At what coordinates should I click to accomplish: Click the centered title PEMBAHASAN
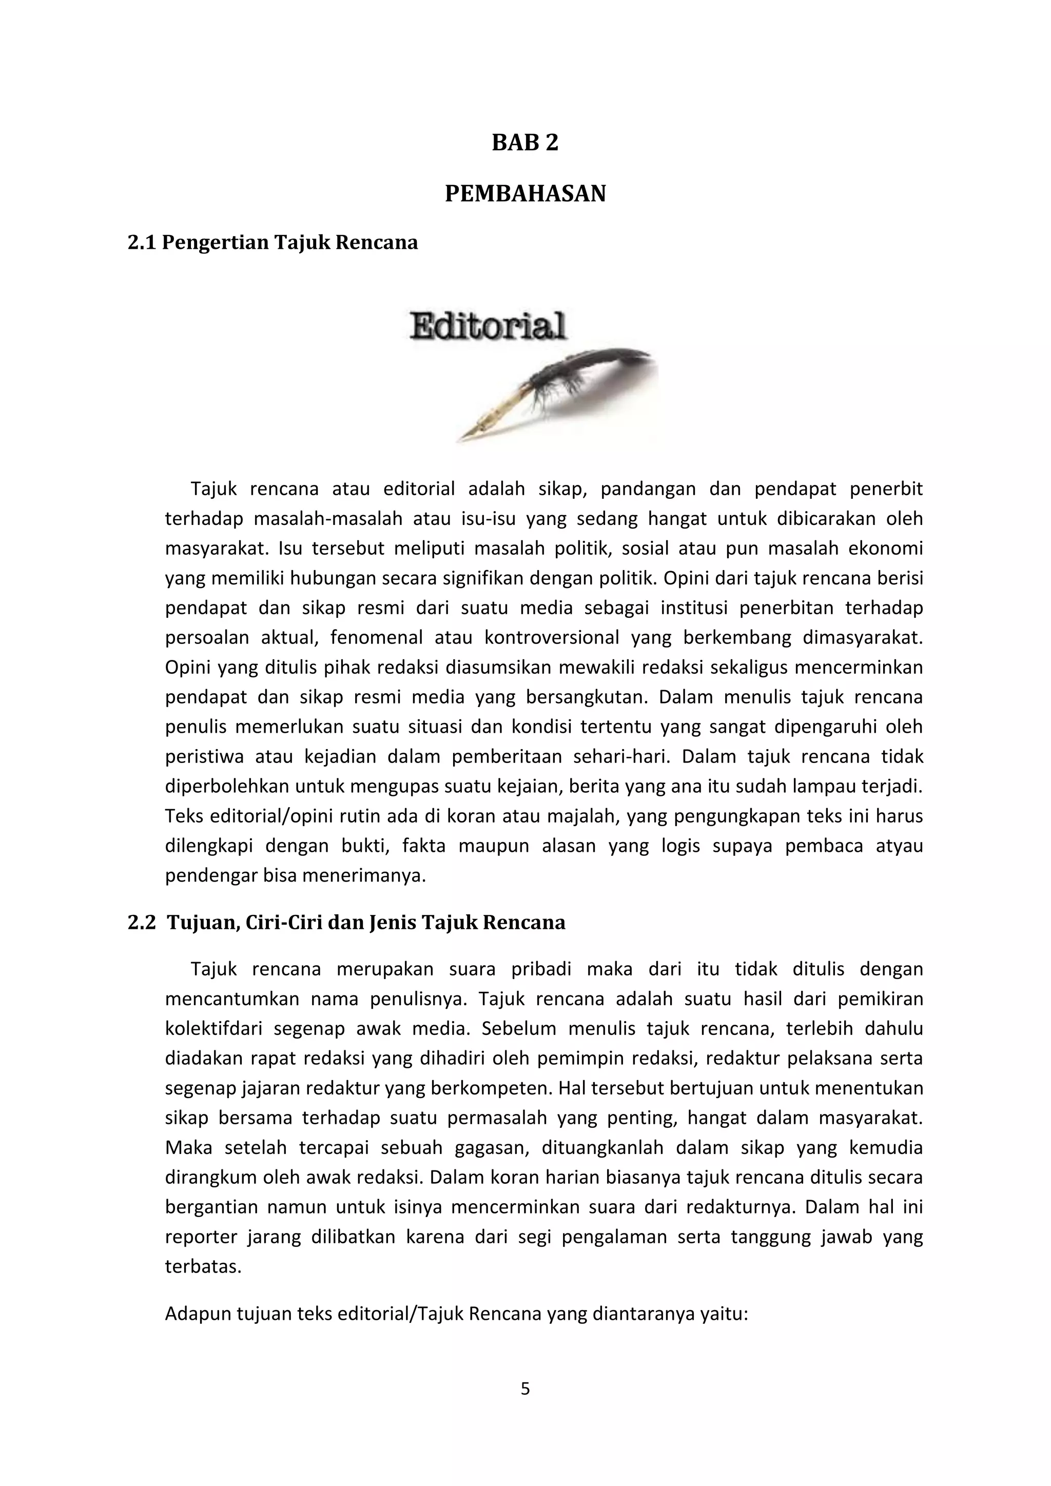coord(525,193)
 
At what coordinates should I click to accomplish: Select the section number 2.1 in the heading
coord(142,243)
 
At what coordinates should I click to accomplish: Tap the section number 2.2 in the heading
coord(142,922)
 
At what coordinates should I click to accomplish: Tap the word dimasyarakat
coord(862,638)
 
